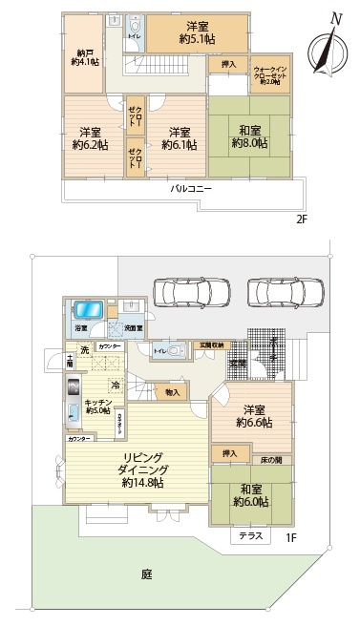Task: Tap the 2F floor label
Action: [x=301, y=218]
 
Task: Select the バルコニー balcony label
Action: [x=191, y=188]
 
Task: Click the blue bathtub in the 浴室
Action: [x=88, y=311]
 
